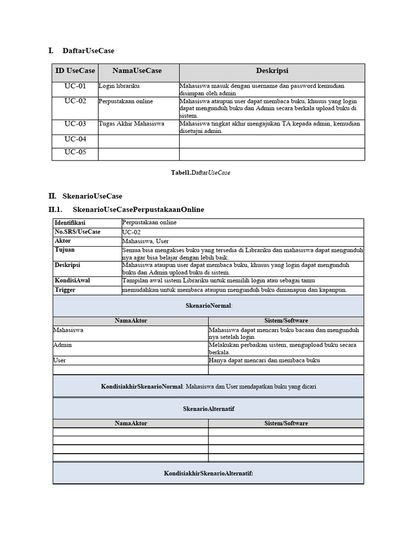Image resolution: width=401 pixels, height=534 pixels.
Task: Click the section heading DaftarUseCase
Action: (x=88, y=51)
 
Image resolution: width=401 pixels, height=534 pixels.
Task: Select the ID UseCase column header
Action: (x=75, y=70)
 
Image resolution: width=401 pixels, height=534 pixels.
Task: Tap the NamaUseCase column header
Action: (x=137, y=70)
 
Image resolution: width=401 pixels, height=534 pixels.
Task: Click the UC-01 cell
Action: (x=75, y=86)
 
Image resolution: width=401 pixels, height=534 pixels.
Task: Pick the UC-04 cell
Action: (x=75, y=139)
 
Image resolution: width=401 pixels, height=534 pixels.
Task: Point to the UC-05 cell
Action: (x=75, y=152)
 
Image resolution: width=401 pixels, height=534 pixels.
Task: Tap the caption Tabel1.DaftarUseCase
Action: (x=200, y=173)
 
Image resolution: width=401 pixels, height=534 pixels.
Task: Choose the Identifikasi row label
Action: (x=70, y=223)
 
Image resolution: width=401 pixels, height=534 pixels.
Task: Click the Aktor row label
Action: (x=63, y=241)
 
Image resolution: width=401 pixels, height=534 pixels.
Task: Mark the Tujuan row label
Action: (x=64, y=250)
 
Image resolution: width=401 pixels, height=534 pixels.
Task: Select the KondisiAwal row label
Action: (x=72, y=281)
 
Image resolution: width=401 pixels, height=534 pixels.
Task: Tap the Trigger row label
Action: (x=65, y=290)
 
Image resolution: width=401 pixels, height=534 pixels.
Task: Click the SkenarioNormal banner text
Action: (x=208, y=306)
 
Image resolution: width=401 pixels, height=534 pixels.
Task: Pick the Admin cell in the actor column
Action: (x=63, y=345)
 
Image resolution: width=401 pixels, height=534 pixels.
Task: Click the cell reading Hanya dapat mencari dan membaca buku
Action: (x=264, y=360)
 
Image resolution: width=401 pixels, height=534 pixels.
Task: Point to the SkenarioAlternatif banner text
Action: (x=208, y=409)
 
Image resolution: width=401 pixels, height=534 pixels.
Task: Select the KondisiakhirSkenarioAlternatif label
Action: (x=208, y=473)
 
